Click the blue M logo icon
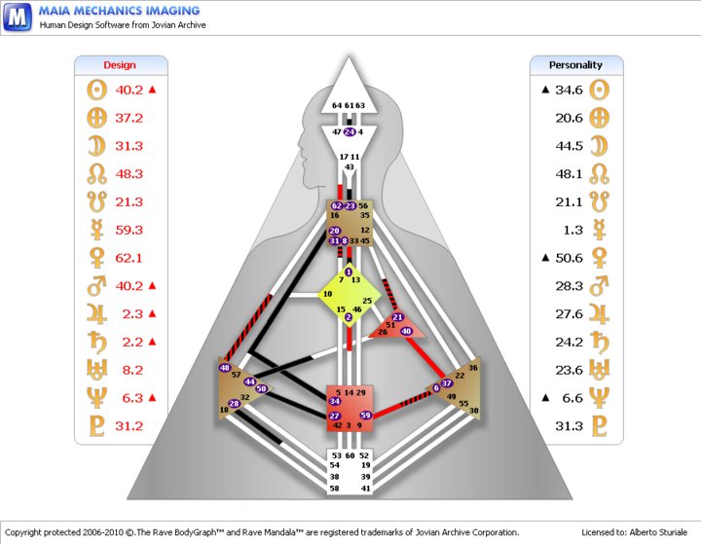tap(18, 17)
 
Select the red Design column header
tap(120, 65)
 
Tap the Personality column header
tap(575, 65)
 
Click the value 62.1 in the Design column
tap(129, 258)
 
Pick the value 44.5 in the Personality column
tap(570, 146)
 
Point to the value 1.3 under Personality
tap(573, 231)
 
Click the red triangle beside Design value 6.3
tap(152, 397)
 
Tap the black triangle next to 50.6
tap(545, 258)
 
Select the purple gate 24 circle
tap(350, 132)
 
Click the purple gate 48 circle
tap(225, 368)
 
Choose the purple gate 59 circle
tap(366, 416)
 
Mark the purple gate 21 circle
tap(397, 317)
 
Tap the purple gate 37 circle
tap(446, 383)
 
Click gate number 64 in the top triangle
tap(337, 105)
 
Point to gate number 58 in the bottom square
tap(334, 489)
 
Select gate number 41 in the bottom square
tap(366, 489)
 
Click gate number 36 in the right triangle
tap(473, 368)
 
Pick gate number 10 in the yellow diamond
tap(328, 294)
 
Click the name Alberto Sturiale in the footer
tap(658, 532)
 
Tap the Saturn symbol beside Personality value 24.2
tap(599, 342)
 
